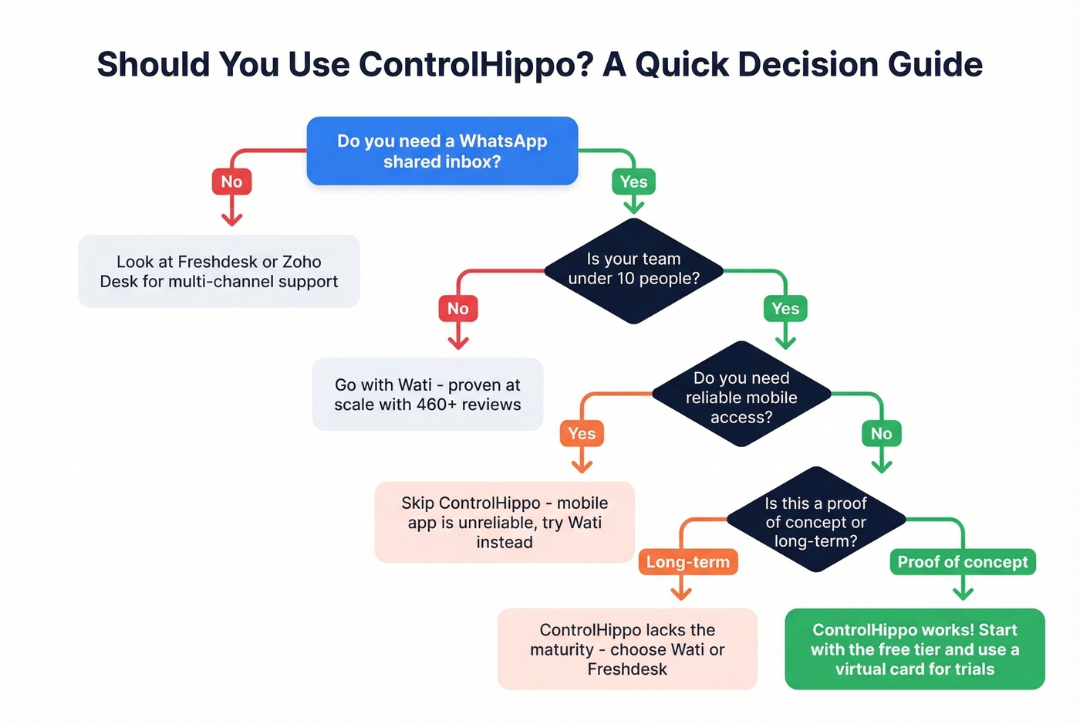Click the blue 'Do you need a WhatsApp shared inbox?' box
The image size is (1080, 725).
(442, 151)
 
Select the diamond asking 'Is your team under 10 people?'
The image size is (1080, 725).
(633, 269)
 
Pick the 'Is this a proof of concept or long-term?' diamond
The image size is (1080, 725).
(815, 522)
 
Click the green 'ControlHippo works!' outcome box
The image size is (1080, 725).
(914, 649)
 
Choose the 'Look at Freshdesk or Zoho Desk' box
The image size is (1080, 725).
(218, 272)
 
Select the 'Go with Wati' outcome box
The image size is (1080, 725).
(427, 395)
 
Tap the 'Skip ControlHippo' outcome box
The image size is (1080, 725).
(504, 523)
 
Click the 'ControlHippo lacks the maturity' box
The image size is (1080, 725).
(627, 649)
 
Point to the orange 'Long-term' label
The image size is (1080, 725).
(687, 562)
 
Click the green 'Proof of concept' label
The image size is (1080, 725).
(962, 562)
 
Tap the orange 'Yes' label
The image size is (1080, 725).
(582, 434)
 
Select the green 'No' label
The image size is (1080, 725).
(881, 434)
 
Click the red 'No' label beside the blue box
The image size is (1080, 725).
(231, 182)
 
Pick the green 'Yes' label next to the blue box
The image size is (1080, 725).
(633, 182)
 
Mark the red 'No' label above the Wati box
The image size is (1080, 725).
(458, 309)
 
